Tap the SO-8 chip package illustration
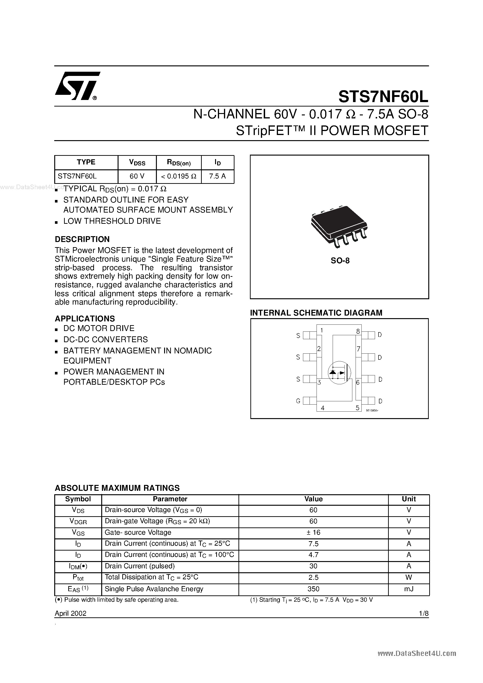tap(339, 226)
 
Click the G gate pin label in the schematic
tap(298, 401)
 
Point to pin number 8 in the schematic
tap(358, 331)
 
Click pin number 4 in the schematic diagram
tap(322, 408)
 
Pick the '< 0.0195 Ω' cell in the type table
tap(179, 176)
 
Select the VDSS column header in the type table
tap(137, 162)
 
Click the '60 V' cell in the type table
tap(137, 176)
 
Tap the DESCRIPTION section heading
tap(82, 239)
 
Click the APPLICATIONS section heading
tap(85, 319)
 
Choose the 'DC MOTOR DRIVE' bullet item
tap(99, 328)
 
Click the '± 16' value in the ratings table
tap(313, 533)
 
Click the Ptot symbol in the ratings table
tap(78, 577)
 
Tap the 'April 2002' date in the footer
tap(71, 613)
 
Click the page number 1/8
tap(423, 613)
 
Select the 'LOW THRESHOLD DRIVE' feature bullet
tap(112, 221)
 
